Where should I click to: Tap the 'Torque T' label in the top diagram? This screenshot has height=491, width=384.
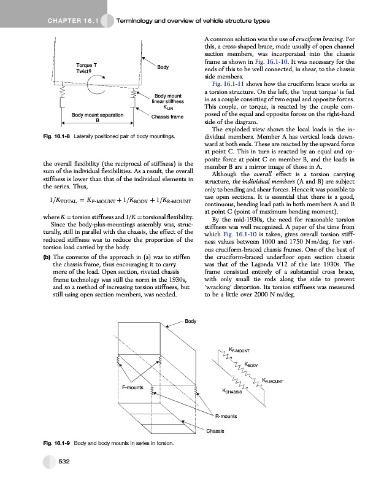(85, 64)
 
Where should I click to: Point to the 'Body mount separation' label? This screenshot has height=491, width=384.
(98, 115)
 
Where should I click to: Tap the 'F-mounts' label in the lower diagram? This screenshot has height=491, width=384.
(132, 387)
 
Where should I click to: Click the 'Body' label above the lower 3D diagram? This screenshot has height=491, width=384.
(191, 321)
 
